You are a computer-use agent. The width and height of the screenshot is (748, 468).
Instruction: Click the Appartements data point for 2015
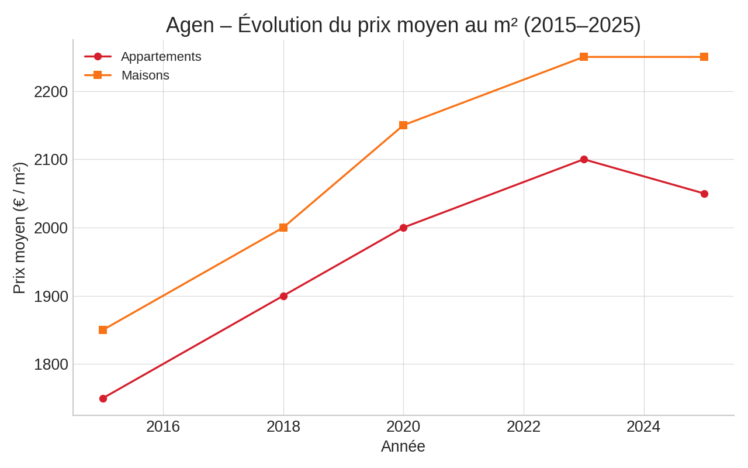[x=103, y=398]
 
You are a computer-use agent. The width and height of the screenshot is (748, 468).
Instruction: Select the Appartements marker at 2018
[x=283, y=296]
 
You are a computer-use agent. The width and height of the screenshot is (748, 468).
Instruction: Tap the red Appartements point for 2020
[x=403, y=228]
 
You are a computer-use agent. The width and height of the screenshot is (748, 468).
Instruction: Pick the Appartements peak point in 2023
[x=584, y=159]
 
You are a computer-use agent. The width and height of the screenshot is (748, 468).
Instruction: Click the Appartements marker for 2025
[x=704, y=194]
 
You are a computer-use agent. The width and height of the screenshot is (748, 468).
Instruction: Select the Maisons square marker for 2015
[x=103, y=330]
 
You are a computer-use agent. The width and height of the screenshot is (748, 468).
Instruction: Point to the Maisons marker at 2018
[x=283, y=228]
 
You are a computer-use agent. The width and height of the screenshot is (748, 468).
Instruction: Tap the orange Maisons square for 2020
[x=403, y=125]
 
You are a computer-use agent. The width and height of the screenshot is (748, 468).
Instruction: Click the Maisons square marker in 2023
[x=584, y=57]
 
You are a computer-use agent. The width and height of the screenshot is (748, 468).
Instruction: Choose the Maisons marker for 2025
[x=704, y=57]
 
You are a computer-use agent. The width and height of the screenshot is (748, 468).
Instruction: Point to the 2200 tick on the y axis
[x=51, y=92]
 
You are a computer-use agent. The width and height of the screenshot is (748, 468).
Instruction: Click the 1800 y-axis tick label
[x=51, y=364]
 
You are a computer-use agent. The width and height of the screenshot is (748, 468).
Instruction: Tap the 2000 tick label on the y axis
[x=51, y=228]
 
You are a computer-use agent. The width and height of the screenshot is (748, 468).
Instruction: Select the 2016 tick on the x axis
[x=163, y=426]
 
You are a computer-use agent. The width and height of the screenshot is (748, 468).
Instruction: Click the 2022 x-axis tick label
[x=524, y=426]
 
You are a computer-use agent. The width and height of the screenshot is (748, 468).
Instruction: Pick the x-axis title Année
[x=403, y=446]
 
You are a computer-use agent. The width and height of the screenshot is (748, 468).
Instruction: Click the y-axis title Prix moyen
[x=19, y=228]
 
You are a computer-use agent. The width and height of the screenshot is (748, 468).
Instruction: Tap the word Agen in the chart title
[x=190, y=25]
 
